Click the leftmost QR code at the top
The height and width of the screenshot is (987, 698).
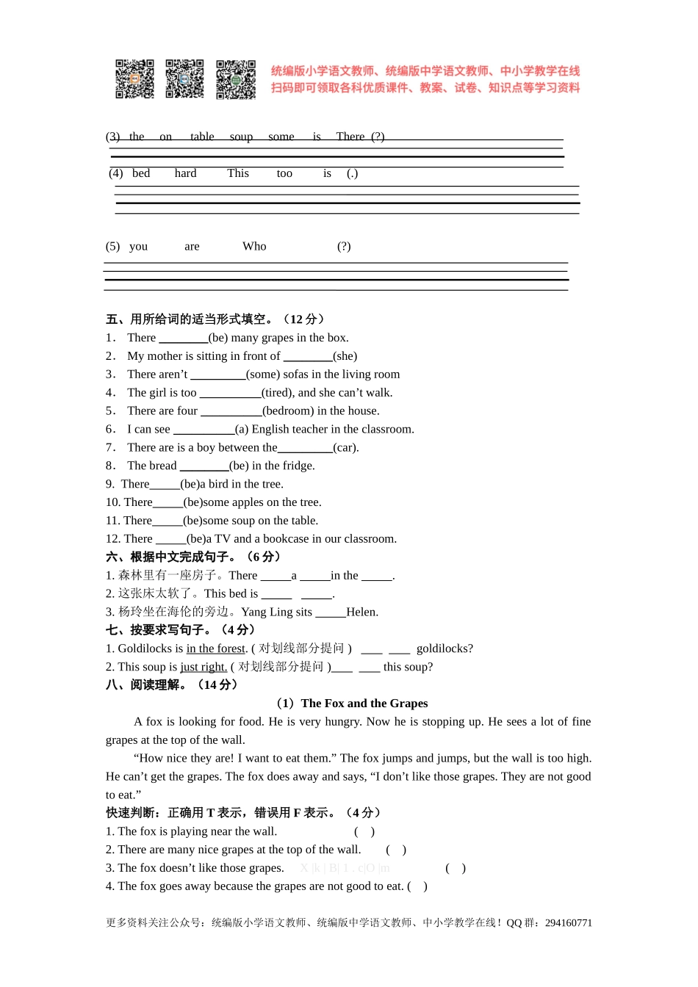point(134,79)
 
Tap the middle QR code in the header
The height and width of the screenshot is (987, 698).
point(184,79)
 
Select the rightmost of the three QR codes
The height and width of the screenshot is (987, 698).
point(236,79)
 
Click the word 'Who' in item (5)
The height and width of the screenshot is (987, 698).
point(254,247)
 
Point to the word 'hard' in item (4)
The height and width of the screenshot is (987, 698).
point(185,173)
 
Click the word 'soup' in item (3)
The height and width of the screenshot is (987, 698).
point(241,137)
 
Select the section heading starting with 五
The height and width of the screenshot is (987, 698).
point(215,319)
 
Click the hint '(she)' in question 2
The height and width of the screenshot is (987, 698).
point(345,356)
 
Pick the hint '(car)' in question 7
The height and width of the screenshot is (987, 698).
point(345,447)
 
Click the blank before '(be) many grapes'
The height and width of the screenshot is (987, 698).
point(183,339)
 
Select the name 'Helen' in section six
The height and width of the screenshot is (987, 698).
point(361,612)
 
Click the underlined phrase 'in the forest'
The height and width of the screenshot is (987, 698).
point(217,648)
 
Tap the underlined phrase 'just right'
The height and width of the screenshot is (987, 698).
point(204,667)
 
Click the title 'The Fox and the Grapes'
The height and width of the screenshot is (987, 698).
point(364,704)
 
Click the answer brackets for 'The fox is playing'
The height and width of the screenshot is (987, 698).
point(364,832)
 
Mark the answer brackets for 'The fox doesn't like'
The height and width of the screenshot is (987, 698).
point(456,868)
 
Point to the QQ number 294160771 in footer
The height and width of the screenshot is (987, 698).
point(568,923)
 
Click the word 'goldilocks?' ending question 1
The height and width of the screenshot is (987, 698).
point(445,648)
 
